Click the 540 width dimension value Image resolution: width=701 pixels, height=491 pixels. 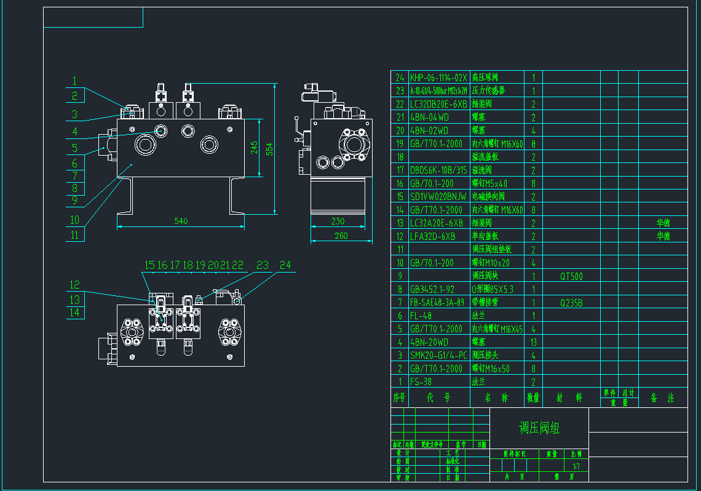tap(181, 220)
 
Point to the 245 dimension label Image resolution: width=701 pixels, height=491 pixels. tap(253, 148)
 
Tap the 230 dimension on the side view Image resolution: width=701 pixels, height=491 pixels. tap(338, 222)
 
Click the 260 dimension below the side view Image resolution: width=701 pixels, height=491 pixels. tap(340, 236)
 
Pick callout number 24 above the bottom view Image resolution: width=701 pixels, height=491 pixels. tap(285, 265)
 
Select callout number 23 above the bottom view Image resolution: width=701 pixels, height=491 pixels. tap(263, 265)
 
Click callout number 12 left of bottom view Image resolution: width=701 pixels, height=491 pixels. tap(74, 285)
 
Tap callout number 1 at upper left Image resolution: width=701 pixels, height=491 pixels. tap(74, 81)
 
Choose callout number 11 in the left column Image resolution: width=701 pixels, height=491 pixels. tap(74, 234)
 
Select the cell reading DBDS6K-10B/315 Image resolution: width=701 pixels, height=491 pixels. tap(438, 170)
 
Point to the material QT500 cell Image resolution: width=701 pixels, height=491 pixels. tap(571, 276)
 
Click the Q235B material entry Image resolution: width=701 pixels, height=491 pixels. tap(571, 303)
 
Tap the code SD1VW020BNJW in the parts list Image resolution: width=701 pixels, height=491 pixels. tap(438, 197)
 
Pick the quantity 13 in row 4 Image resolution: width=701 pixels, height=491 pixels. tap(533, 342)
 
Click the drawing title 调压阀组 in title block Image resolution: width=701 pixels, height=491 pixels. tap(539, 428)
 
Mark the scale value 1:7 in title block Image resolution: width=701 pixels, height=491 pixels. tap(576, 466)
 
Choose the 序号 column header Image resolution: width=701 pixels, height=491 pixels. tap(400, 398)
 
